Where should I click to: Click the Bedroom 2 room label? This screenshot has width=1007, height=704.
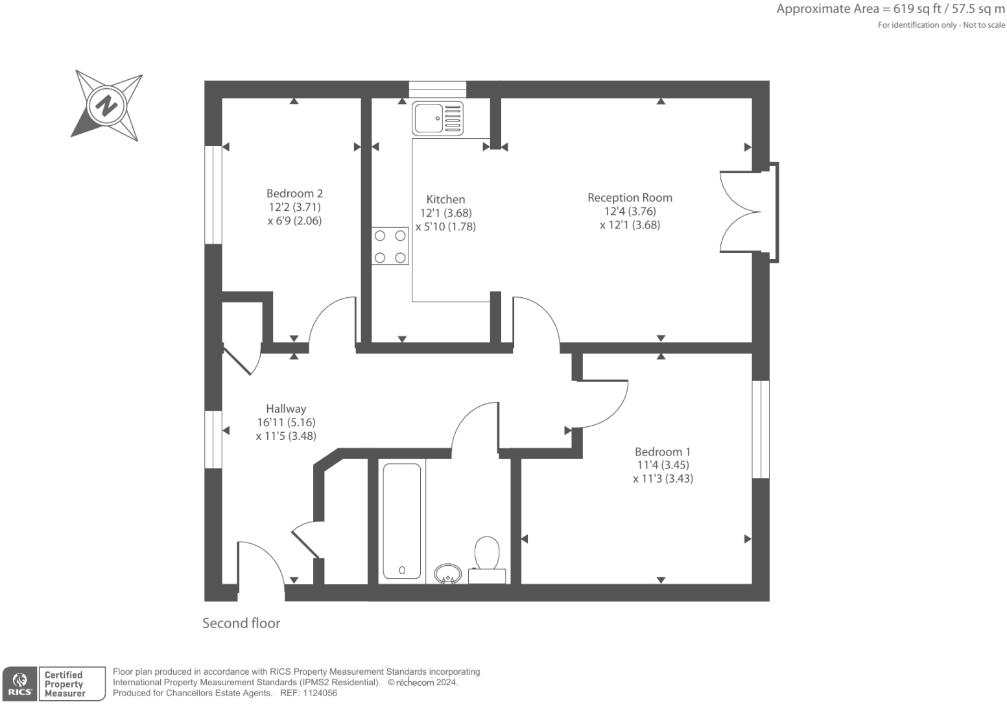294,193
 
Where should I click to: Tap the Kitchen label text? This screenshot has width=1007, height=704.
445,199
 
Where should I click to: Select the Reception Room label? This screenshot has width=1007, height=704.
630,197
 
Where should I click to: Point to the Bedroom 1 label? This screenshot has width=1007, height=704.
663,452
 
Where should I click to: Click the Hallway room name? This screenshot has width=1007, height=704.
286,408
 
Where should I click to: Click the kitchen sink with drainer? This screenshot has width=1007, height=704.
438,118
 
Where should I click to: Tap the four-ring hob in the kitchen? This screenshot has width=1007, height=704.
390,246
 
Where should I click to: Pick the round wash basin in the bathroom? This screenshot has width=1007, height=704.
447,574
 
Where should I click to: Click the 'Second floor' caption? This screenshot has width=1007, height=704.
241,623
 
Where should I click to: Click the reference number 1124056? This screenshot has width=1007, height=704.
317,693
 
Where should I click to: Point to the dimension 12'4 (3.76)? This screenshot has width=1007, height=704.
630,211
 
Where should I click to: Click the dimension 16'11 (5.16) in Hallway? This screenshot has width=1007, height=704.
286,422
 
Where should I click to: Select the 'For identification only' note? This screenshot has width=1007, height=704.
941,25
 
